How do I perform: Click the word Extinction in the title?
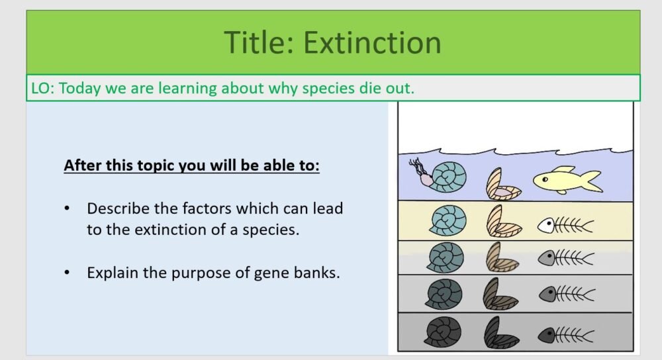(372, 42)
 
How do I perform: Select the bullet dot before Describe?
(67, 208)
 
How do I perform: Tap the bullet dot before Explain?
(67, 272)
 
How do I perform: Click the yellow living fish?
(567, 179)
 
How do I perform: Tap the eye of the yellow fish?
(544, 177)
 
